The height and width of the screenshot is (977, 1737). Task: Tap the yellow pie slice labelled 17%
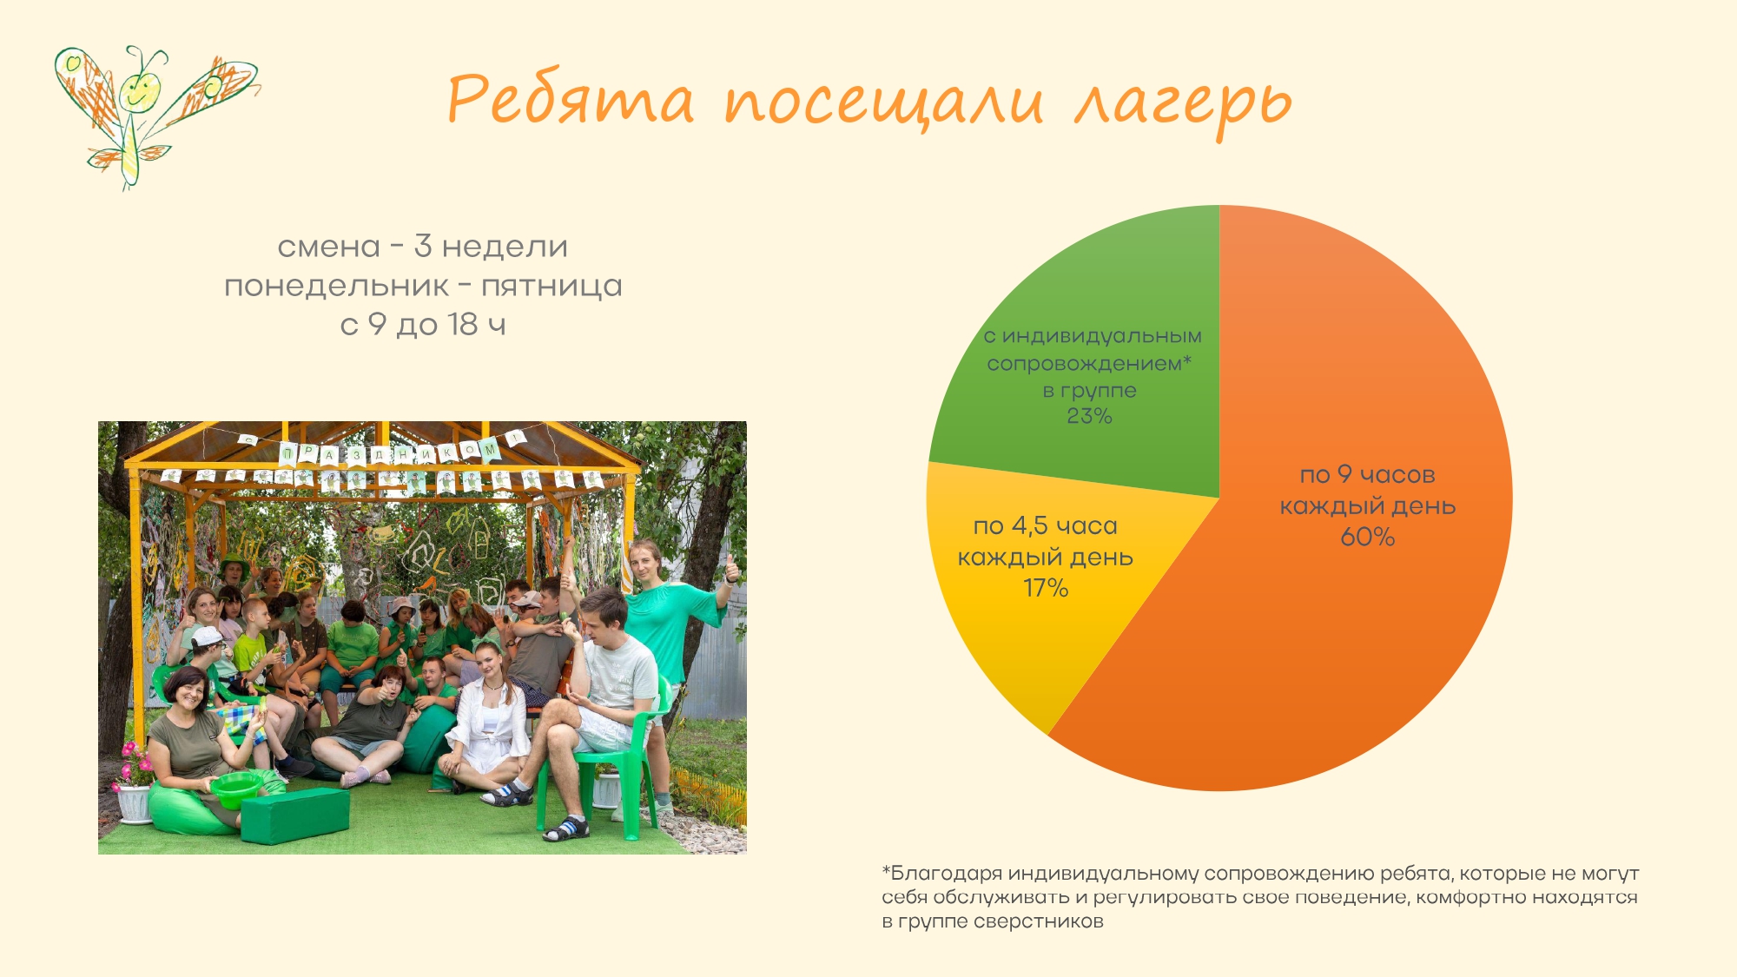(1042, 591)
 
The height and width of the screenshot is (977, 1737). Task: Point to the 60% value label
(1368, 537)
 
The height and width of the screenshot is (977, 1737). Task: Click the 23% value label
(1089, 416)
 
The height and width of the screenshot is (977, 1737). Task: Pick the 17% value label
(1046, 588)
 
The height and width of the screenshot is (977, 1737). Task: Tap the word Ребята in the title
(571, 97)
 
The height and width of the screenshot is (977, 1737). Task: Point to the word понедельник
(337, 286)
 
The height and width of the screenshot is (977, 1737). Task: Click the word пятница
(551, 286)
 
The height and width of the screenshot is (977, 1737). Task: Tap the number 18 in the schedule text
(463, 324)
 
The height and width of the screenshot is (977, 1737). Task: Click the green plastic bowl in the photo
(235, 789)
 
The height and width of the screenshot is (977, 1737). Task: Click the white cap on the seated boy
(207, 637)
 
